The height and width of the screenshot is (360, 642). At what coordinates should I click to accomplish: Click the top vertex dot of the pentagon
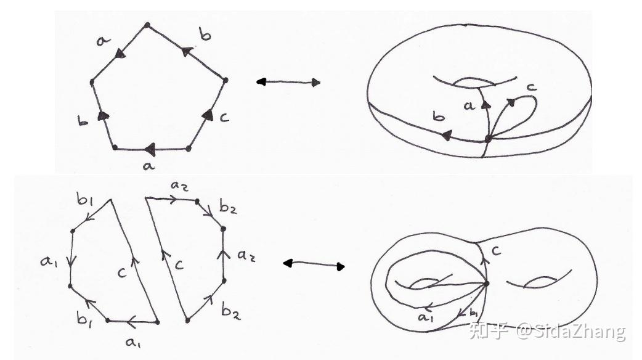click(x=147, y=25)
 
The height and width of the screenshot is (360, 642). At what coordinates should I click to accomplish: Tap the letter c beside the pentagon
click(x=224, y=118)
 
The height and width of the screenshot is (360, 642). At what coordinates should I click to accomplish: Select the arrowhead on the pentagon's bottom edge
click(x=151, y=149)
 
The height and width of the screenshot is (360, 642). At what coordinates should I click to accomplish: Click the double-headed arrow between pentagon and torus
click(x=288, y=82)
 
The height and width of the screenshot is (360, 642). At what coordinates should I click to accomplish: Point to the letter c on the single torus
click(x=531, y=87)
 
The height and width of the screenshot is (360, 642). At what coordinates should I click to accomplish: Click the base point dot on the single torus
click(x=487, y=139)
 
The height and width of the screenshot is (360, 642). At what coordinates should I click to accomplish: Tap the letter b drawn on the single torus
click(x=439, y=117)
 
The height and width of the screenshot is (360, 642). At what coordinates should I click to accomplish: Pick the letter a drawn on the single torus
click(x=469, y=105)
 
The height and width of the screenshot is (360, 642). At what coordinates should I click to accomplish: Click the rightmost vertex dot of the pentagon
click(x=225, y=80)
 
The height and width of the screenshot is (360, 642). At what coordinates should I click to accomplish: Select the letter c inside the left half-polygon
click(x=121, y=272)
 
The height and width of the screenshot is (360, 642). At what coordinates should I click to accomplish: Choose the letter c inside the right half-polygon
click(x=179, y=264)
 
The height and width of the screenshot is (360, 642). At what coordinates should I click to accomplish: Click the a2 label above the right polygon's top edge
click(x=179, y=186)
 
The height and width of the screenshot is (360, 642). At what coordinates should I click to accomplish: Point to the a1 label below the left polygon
click(x=132, y=342)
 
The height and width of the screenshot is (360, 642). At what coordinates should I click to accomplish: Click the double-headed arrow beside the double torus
click(x=314, y=264)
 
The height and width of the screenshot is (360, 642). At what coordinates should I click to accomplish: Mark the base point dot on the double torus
click(x=486, y=284)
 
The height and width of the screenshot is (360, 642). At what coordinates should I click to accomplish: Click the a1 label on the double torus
click(x=425, y=317)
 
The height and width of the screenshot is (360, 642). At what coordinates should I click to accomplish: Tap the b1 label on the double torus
click(x=473, y=313)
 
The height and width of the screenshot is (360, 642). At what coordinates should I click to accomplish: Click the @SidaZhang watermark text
click(x=571, y=331)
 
